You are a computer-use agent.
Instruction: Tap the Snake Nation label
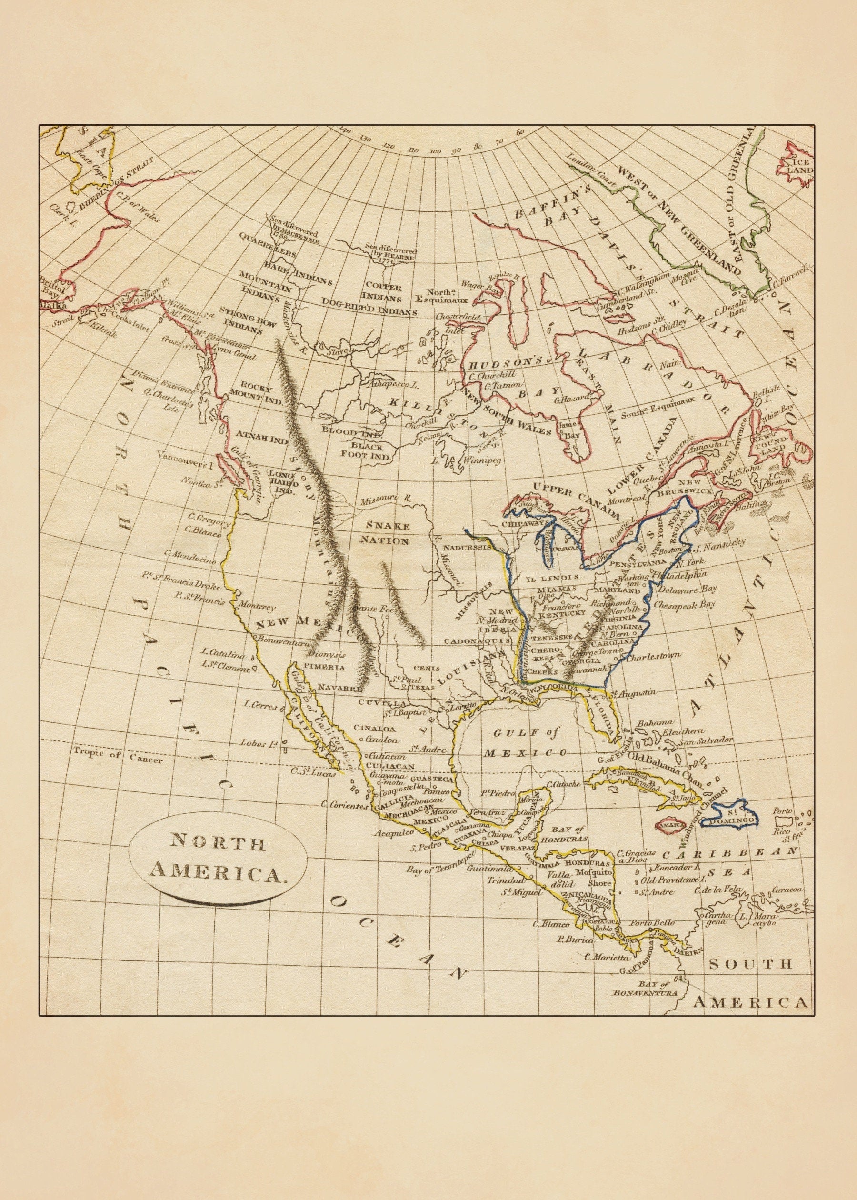[x=384, y=533]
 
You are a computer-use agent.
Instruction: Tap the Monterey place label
[x=257, y=606]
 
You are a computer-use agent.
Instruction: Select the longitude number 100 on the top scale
[x=435, y=151]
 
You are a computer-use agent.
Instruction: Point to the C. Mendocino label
[x=190, y=555]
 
